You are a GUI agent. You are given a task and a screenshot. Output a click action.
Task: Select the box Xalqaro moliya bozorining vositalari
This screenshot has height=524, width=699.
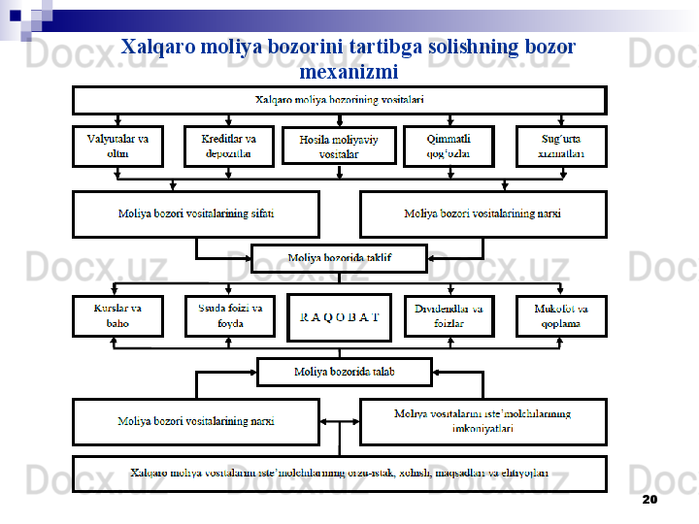click(x=339, y=100)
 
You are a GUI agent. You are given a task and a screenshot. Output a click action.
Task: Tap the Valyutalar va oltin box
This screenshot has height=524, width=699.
click(x=118, y=147)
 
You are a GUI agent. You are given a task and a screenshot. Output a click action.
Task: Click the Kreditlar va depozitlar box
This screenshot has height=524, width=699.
click(x=229, y=147)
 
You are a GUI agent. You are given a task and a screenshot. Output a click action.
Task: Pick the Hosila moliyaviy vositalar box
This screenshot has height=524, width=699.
click(x=339, y=147)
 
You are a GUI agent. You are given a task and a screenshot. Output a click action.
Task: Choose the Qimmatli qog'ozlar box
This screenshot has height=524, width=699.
click(x=449, y=147)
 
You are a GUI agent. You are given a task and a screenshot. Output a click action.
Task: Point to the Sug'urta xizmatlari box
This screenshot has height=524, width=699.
click(x=561, y=147)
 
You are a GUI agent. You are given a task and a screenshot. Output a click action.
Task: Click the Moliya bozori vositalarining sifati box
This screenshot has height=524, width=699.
click(x=196, y=213)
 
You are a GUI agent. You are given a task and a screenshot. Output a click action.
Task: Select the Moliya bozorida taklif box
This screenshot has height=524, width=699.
click(x=339, y=258)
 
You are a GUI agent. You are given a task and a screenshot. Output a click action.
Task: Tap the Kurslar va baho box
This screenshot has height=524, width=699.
click(x=118, y=316)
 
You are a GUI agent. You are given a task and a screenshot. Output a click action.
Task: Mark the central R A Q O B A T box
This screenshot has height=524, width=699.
click(x=339, y=317)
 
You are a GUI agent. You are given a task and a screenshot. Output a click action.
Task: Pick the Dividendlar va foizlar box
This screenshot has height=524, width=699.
click(x=449, y=316)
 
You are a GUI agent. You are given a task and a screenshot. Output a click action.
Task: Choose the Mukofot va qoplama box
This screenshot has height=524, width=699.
click(x=561, y=316)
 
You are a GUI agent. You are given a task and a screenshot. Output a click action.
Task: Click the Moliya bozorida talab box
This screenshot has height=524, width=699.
click(x=345, y=372)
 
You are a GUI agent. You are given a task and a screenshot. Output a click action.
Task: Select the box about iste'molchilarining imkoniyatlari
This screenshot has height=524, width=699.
click(x=483, y=421)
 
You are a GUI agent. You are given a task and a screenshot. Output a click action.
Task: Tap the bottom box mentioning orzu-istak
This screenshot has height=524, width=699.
click(x=339, y=474)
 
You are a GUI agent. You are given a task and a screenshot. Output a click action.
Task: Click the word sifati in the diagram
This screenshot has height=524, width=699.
click(x=260, y=213)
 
